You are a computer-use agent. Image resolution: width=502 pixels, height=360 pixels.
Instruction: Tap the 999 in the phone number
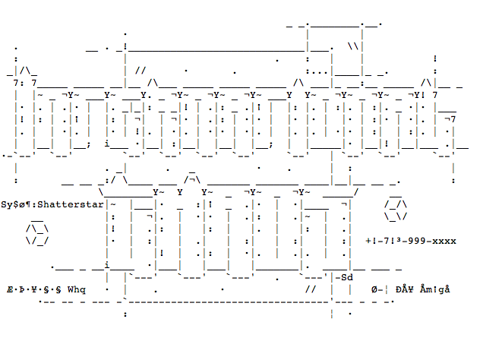click(416, 241)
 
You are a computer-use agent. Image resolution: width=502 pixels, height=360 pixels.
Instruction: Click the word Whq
click(77, 289)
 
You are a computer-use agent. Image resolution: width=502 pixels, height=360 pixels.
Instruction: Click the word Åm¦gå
click(434, 289)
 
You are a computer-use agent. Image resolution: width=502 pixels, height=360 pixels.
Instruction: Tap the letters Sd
click(347, 277)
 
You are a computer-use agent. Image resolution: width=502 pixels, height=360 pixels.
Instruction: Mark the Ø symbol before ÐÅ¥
click(375, 289)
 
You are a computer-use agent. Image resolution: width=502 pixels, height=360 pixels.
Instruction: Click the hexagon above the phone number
click(396, 210)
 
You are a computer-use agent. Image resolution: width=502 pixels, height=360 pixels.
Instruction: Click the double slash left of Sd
click(310, 289)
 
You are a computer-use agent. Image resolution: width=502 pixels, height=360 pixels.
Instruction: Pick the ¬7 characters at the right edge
click(450, 118)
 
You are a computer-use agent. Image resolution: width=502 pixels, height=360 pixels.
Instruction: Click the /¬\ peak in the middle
click(193, 180)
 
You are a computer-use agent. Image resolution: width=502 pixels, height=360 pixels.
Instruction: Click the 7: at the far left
click(18, 83)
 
